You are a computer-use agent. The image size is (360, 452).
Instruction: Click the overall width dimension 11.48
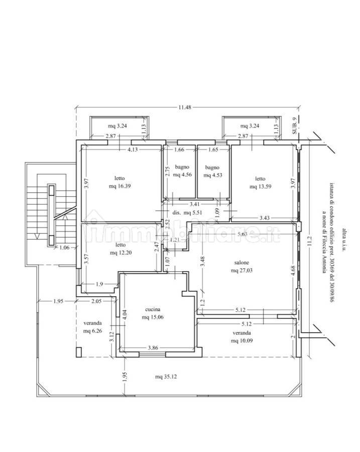(x=185, y=107)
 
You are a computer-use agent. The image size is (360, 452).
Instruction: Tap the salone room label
(x=242, y=263)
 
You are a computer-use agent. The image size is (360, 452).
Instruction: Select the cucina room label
(x=153, y=309)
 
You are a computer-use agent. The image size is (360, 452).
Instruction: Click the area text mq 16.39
(x=119, y=186)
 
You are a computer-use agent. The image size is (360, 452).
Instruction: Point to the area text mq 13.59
(x=260, y=186)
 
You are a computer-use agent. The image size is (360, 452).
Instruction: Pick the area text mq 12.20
(x=121, y=253)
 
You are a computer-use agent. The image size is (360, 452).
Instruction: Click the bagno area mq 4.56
(x=182, y=174)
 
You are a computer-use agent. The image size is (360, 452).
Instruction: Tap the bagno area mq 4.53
(x=213, y=175)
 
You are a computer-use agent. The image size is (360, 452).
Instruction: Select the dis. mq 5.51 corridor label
(x=187, y=213)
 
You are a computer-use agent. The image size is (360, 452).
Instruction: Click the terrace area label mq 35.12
(x=166, y=377)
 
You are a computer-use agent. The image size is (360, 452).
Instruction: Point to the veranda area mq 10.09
(x=242, y=341)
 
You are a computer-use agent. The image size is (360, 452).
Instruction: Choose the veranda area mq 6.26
(x=92, y=331)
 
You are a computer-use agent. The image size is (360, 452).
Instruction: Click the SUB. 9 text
(x=294, y=126)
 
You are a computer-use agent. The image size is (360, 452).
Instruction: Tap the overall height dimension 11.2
(x=310, y=241)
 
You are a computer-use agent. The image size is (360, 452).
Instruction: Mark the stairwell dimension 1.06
(x=64, y=247)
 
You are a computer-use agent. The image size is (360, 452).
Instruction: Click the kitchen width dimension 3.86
(x=153, y=348)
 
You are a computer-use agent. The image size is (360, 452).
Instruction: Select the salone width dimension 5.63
(x=243, y=234)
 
